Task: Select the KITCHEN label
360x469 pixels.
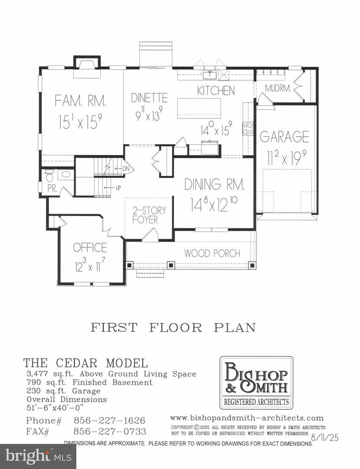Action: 216,90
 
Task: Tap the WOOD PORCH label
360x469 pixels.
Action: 212,253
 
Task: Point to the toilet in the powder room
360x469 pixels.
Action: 49,177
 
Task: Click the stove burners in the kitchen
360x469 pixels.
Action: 248,128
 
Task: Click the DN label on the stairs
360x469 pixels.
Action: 126,168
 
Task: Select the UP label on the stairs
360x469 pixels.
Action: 119,188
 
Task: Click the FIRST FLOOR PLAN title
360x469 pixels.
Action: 173,327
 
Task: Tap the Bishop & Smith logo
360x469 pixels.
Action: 256,382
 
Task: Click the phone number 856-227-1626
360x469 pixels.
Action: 109,421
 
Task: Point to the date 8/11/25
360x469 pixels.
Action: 324,437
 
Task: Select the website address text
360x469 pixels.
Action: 247,418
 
